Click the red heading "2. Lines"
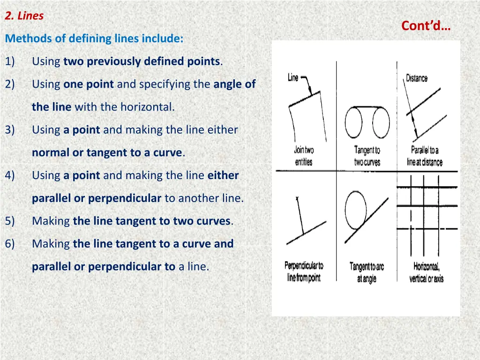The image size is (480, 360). pyautogui.click(x=24, y=15)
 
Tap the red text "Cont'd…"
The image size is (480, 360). pyautogui.click(x=426, y=26)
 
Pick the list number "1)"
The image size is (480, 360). pyautogui.click(x=10, y=61)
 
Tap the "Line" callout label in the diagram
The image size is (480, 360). pyautogui.click(x=293, y=77)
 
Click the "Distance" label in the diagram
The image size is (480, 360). pyautogui.click(x=417, y=78)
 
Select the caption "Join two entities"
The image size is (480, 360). pyautogui.click(x=304, y=156)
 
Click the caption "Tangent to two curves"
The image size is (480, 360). pyautogui.click(x=367, y=156)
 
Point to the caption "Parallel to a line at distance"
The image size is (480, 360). pyautogui.click(x=425, y=156)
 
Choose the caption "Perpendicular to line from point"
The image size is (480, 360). pyautogui.click(x=304, y=271)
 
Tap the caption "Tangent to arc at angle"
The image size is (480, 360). pyautogui.click(x=367, y=272)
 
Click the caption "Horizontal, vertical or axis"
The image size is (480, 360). pyautogui.click(x=427, y=272)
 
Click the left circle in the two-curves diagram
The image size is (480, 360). pyautogui.click(x=345, y=122)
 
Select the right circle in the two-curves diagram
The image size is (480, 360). pyautogui.click(x=390, y=122)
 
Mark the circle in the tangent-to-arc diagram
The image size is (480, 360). pyautogui.click(x=345, y=210)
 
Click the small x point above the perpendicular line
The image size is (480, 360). pyautogui.click(x=297, y=199)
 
